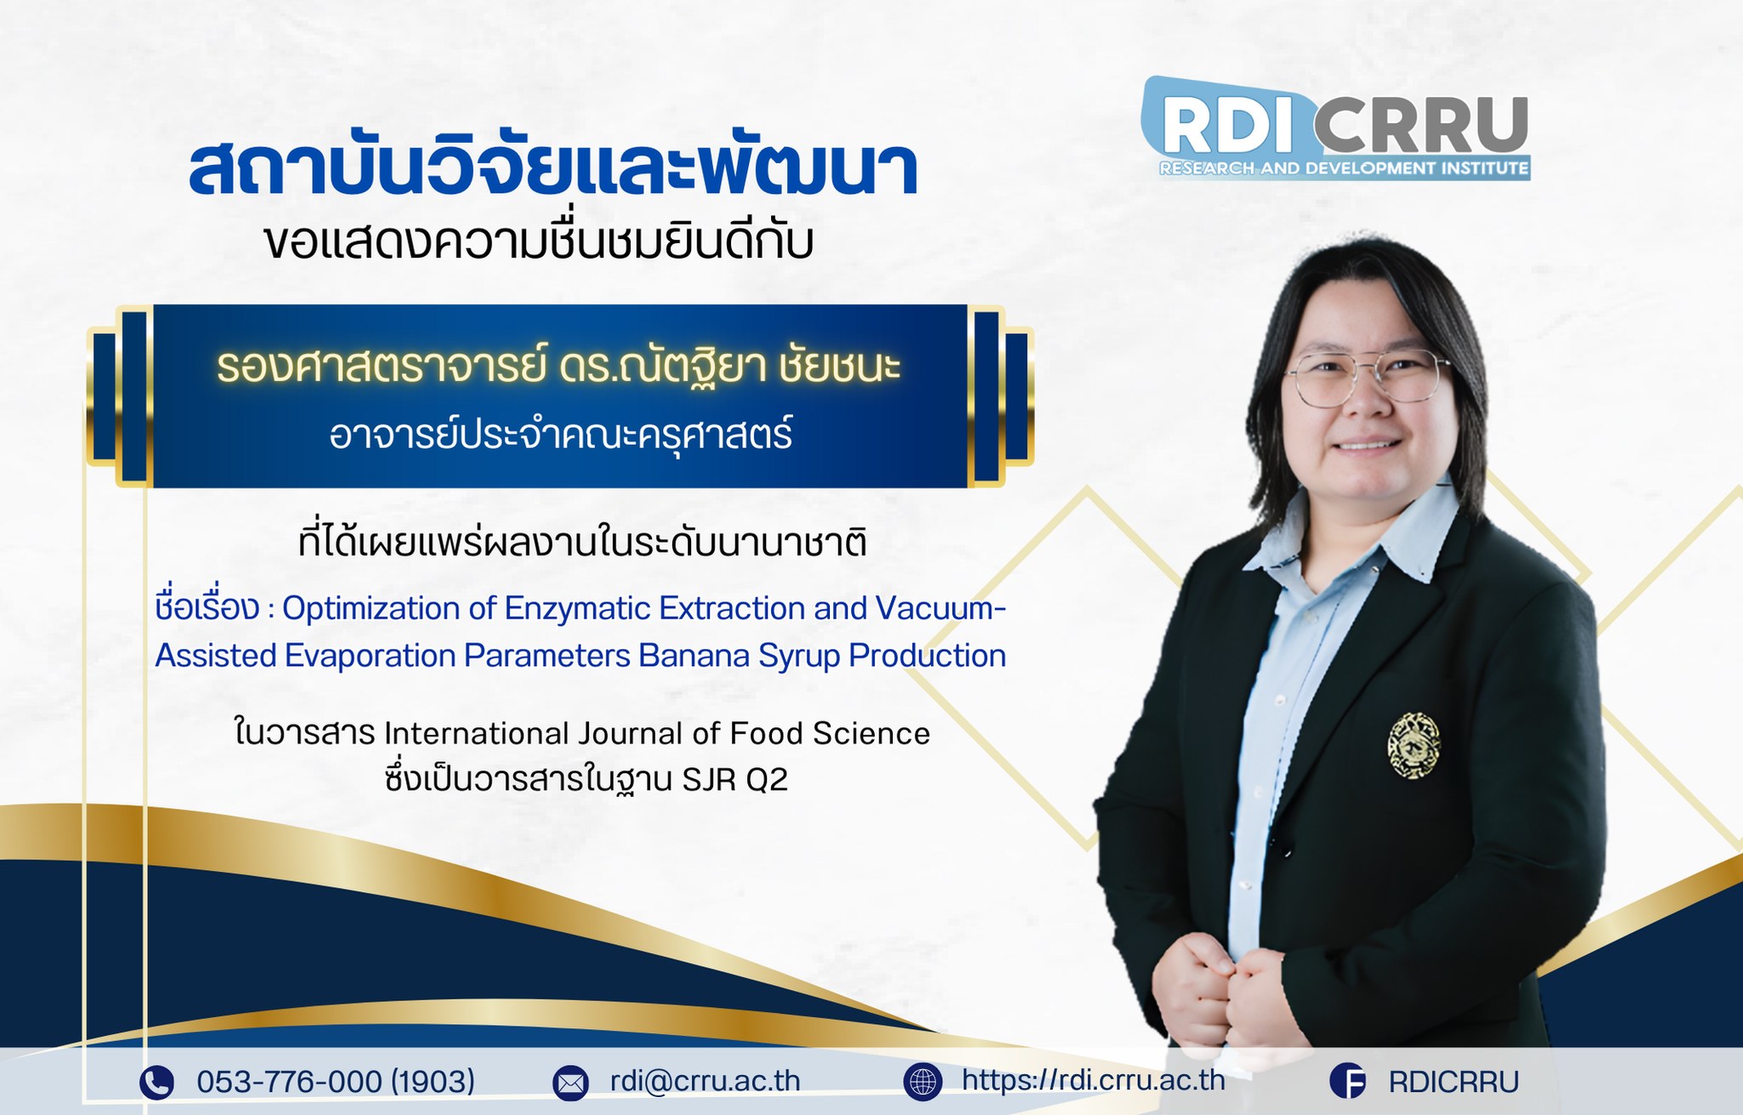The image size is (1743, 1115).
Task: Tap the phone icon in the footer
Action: coord(157,1083)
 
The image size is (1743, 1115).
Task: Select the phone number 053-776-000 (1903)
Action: coord(335,1082)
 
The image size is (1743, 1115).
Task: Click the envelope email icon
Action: coord(570,1083)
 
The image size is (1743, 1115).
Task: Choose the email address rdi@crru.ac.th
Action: coord(705,1081)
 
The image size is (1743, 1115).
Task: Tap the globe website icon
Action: coord(923,1081)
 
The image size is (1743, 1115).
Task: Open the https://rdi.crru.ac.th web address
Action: coord(1094,1080)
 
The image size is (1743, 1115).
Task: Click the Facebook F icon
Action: coord(1347,1082)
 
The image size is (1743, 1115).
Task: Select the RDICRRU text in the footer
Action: coord(1454,1082)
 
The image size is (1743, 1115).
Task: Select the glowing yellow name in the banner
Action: coord(558,366)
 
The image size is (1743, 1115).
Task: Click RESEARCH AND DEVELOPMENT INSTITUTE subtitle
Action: coord(1344,168)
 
